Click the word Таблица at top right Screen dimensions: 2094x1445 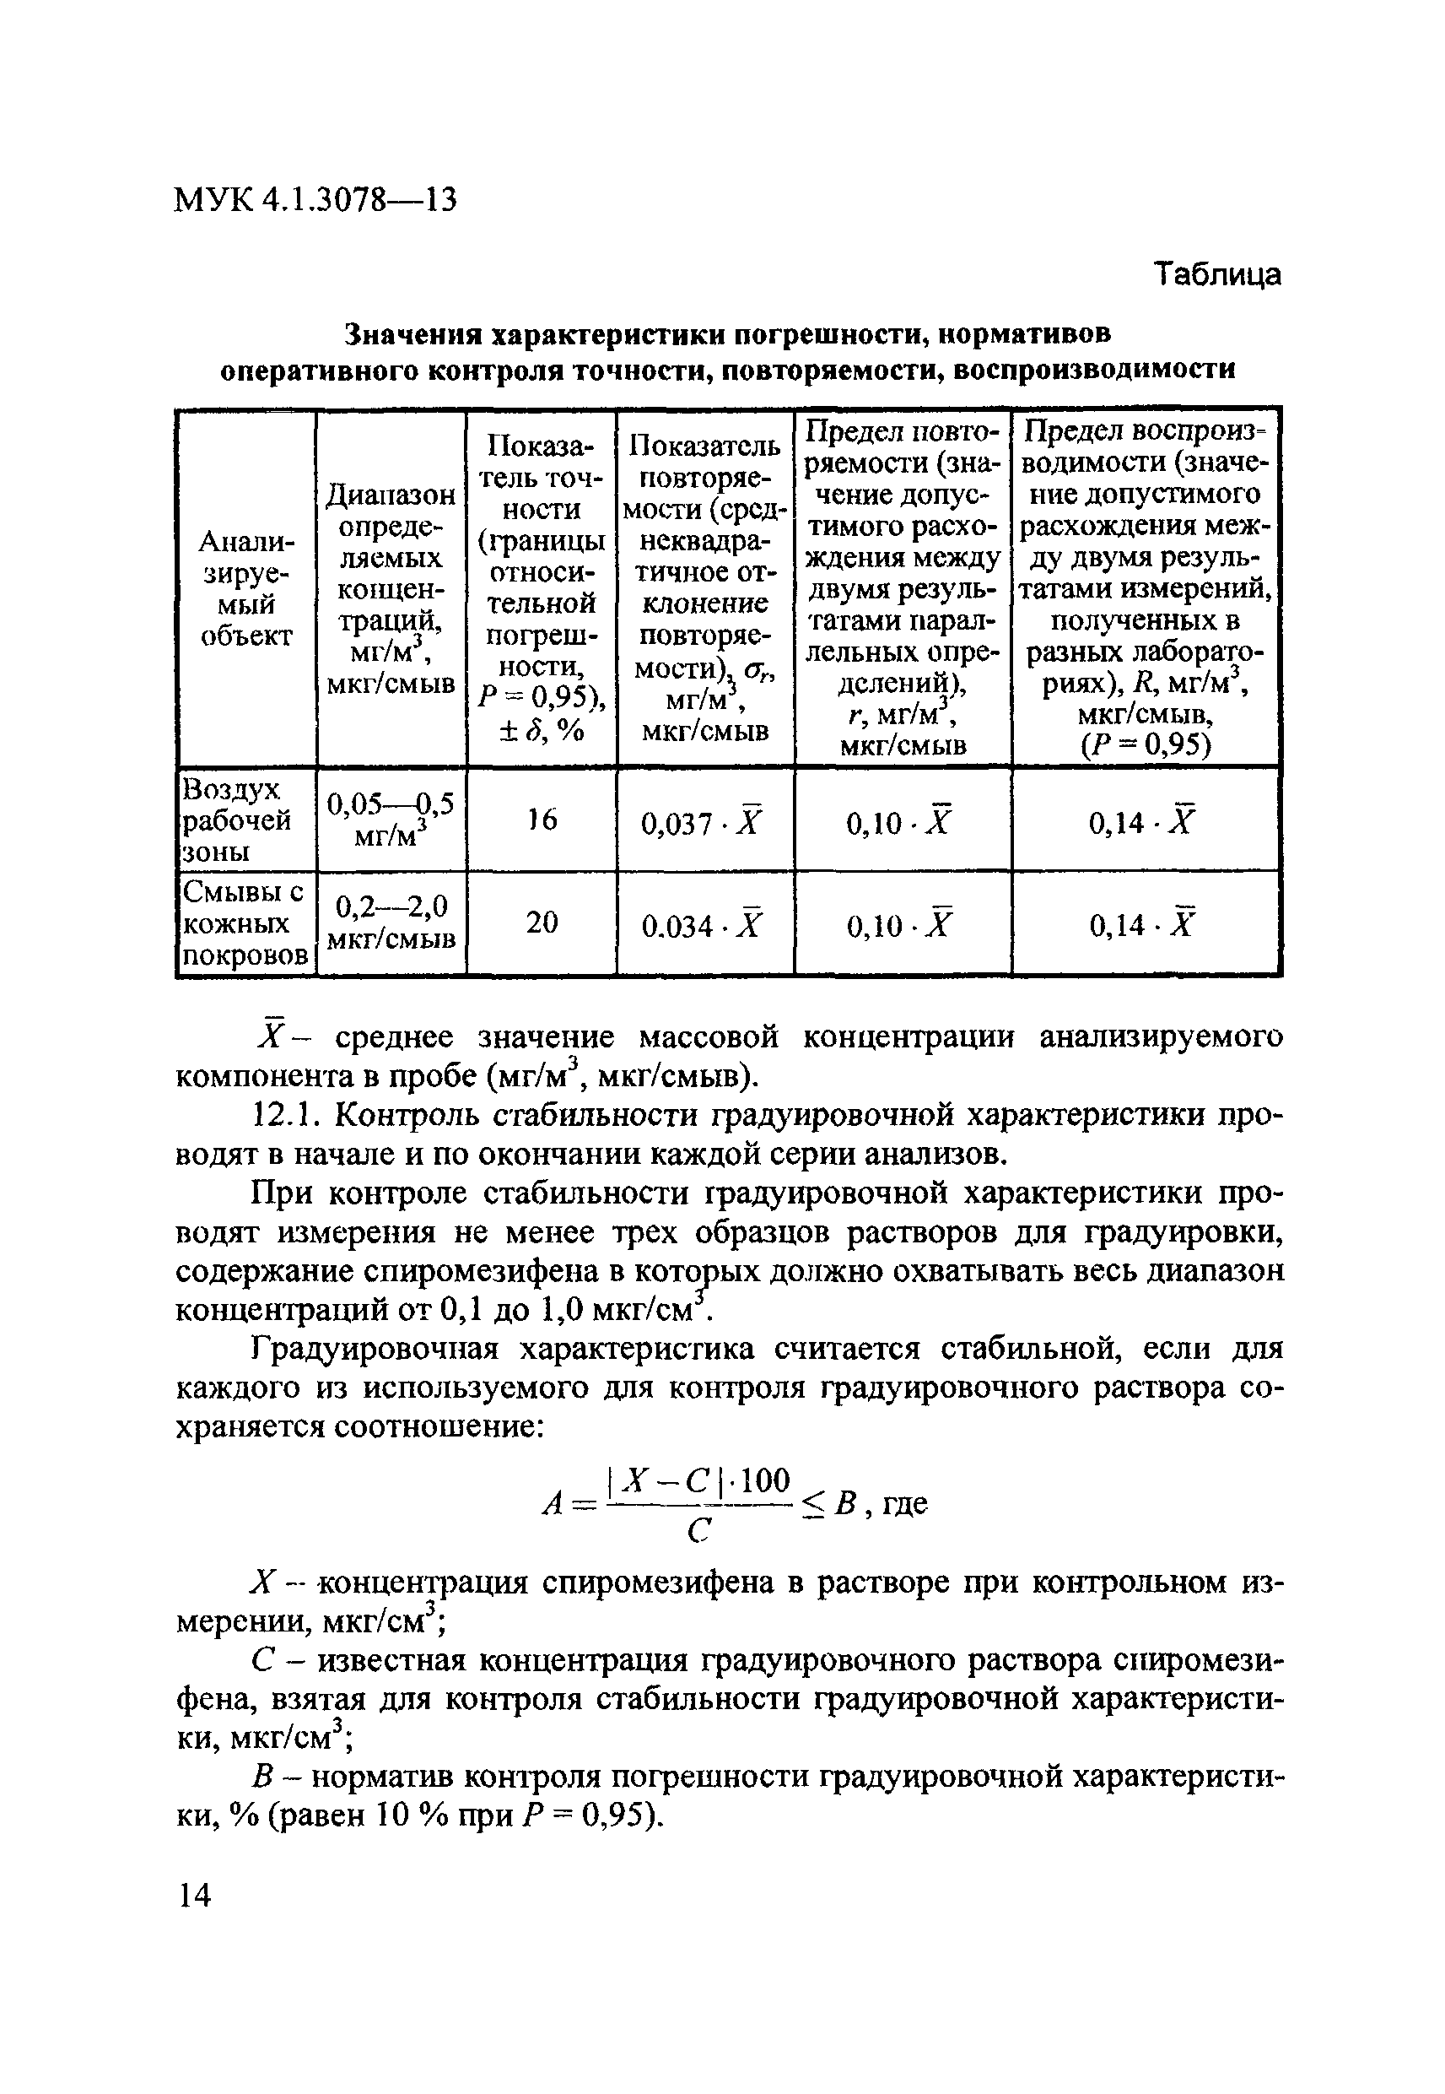pyautogui.click(x=1218, y=273)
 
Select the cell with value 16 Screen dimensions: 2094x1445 pyautogui.click(x=542, y=820)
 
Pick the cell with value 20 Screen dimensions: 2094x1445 pyautogui.click(x=542, y=923)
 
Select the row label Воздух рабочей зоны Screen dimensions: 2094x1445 pyautogui.click(x=237, y=820)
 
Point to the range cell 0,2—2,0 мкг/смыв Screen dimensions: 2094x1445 pyautogui.click(x=391, y=923)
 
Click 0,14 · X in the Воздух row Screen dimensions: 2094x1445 pyautogui.click(x=1144, y=822)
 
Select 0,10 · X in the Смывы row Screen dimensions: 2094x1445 pyautogui.click(x=901, y=926)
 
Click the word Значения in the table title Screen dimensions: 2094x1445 pyautogui.click(x=412, y=335)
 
